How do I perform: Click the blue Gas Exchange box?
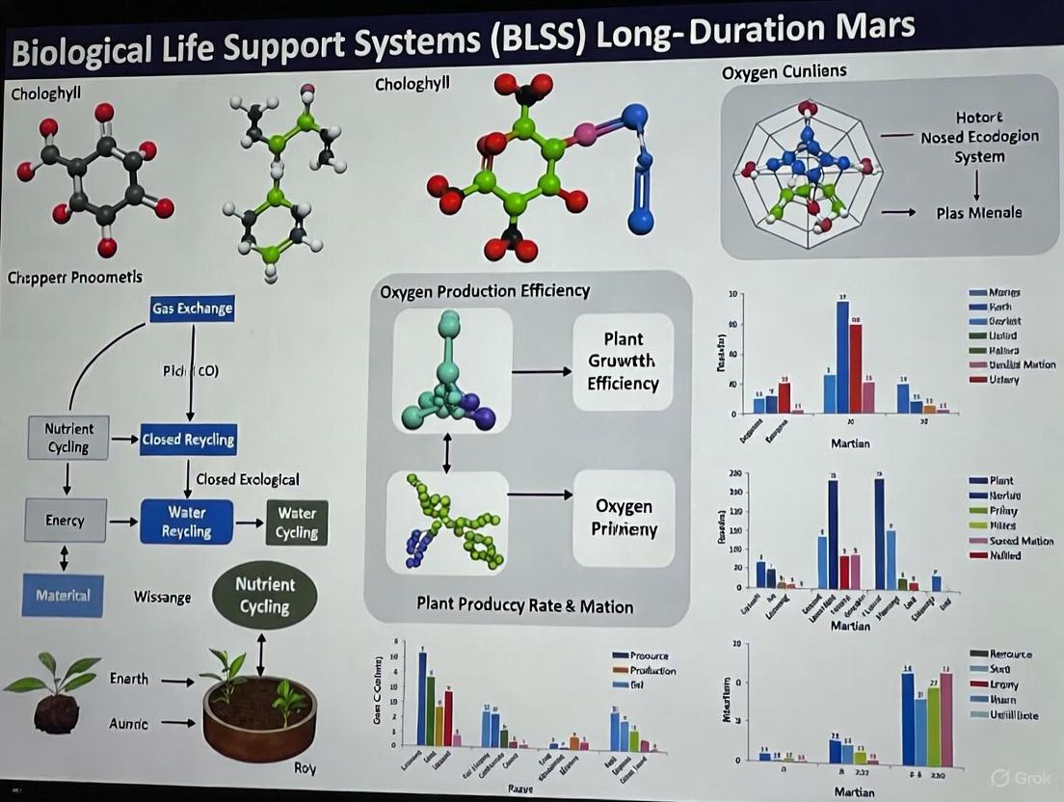click(192, 308)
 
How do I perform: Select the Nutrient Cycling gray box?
click(68, 438)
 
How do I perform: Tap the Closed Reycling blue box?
click(188, 440)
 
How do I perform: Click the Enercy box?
click(65, 521)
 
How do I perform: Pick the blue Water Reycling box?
click(187, 521)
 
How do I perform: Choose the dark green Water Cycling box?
click(297, 521)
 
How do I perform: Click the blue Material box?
click(63, 595)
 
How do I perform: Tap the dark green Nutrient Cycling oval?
click(264, 595)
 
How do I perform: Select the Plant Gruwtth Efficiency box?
click(624, 361)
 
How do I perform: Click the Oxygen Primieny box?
click(624, 518)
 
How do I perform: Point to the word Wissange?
click(162, 598)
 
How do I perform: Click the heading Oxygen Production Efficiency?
click(485, 291)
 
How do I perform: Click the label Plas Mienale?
click(979, 213)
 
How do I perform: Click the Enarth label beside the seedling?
click(129, 680)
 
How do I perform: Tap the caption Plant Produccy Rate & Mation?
click(525, 606)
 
